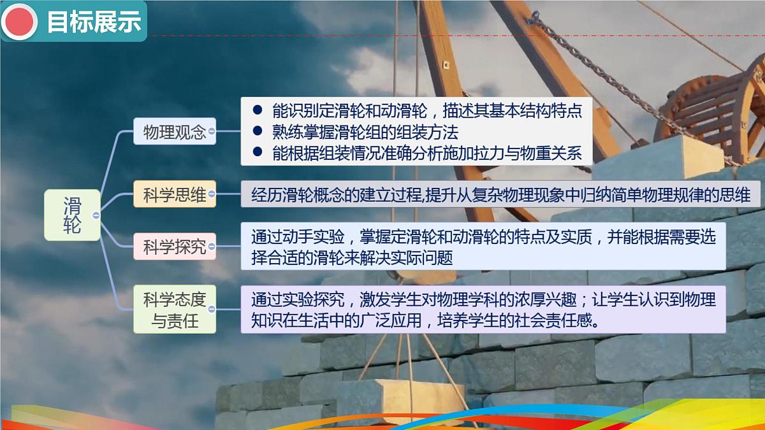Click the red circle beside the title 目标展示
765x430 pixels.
point(18,22)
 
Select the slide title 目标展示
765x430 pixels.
point(94,22)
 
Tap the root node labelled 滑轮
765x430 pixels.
point(71,215)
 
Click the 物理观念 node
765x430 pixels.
point(174,132)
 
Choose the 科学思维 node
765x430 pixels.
point(174,194)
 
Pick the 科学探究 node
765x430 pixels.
point(174,247)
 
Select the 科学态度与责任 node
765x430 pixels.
point(174,309)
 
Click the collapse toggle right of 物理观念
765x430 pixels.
point(212,133)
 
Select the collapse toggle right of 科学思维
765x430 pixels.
point(212,194)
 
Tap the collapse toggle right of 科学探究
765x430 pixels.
point(212,247)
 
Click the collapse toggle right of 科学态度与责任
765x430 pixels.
point(212,309)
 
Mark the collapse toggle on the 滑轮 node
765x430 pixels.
point(96,215)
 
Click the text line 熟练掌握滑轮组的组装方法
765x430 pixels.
point(365,132)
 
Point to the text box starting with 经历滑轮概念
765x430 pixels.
point(500,195)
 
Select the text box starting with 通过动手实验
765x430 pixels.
point(483,247)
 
